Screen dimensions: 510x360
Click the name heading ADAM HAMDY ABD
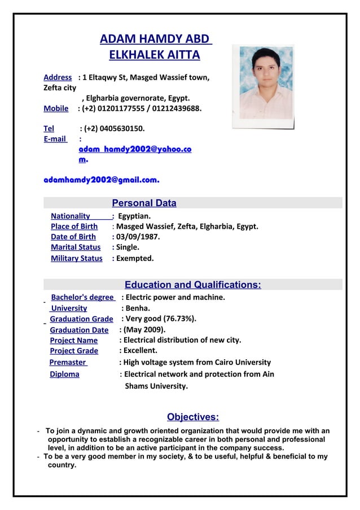tap(155, 40)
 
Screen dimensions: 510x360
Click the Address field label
tap(58, 77)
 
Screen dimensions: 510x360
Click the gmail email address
tap(102, 180)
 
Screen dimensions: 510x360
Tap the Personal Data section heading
tap(144, 203)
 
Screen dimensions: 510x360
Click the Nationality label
tap(71, 216)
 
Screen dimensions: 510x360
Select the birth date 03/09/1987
tap(138, 237)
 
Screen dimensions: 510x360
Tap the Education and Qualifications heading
tap(192, 285)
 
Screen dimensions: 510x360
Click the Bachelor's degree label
tap(82, 298)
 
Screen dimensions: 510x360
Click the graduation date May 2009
tap(144, 330)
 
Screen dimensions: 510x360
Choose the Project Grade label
tap(74, 351)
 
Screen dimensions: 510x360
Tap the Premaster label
tap(68, 362)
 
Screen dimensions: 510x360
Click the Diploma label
tap(64, 374)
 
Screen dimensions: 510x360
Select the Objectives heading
tap(192, 417)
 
